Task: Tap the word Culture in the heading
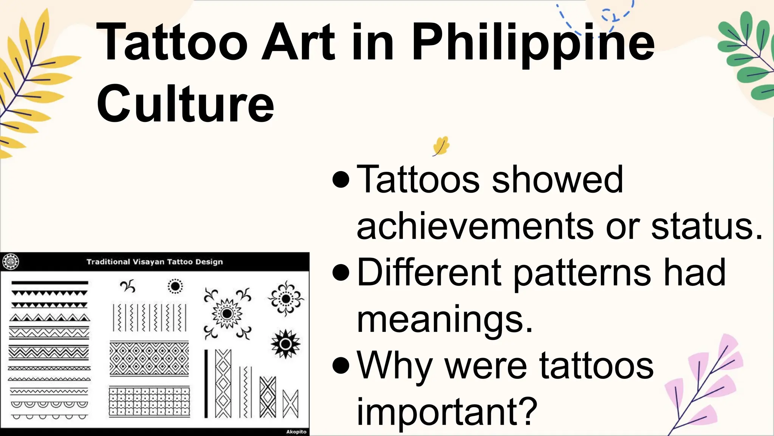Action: pyautogui.click(x=185, y=104)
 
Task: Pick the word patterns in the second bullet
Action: pyautogui.click(x=582, y=272)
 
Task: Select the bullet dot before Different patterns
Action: pyautogui.click(x=341, y=273)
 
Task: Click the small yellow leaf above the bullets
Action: pyautogui.click(x=441, y=146)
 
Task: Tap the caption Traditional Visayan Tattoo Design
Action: pyautogui.click(x=155, y=262)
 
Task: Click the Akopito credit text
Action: pyautogui.click(x=296, y=432)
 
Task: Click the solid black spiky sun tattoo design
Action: pyautogui.click(x=286, y=344)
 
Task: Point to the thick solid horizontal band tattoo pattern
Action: pyautogui.click(x=50, y=283)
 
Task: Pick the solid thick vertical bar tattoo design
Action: pyautogui.click(x=206, y=383)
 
